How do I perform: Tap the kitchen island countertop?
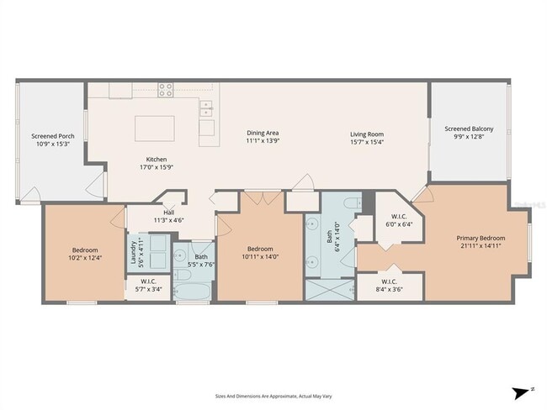(155, 129)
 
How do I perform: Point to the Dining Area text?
(262, 133)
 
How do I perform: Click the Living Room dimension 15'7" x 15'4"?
(368, 142)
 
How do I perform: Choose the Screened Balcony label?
(469, 129)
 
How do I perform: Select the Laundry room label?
(133, 256)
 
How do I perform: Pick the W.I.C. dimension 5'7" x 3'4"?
(148, 288)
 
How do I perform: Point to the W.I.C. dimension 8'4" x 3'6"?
(389, 288)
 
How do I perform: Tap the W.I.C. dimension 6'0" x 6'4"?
(389, 224)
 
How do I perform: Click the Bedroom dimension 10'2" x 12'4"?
(84, 257)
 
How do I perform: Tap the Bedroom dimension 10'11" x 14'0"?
(259, 256)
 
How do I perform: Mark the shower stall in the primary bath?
(329, 288)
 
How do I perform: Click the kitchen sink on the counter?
(206, 108)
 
